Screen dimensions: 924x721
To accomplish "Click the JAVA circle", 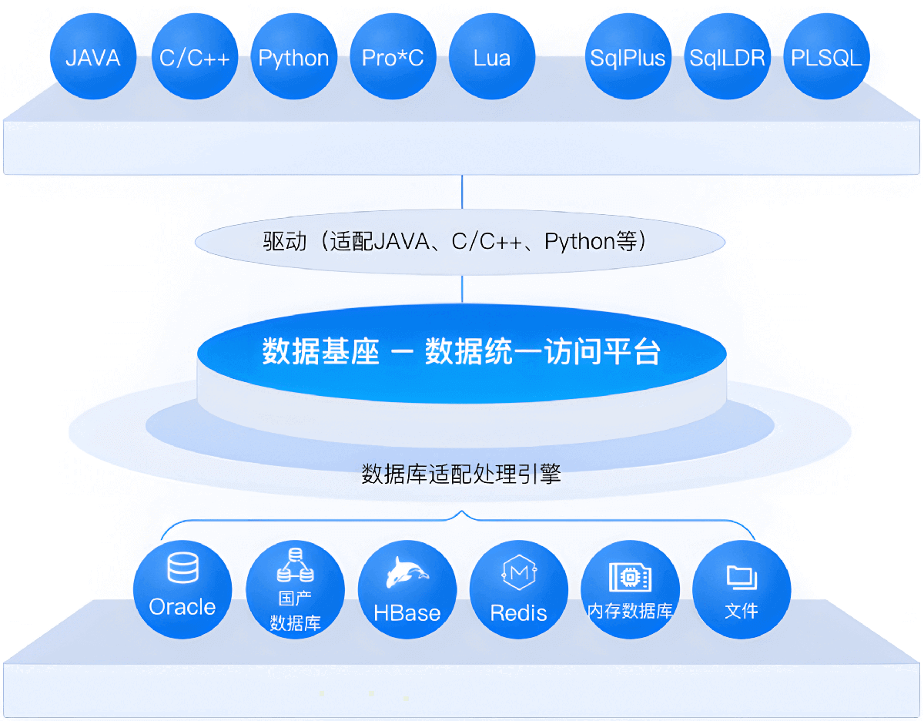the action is tap(93, 56).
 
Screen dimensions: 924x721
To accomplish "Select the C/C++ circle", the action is tap(195, 56).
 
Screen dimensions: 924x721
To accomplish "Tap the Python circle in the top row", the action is tap(294, 56).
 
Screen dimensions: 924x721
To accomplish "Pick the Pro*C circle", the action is tap(393, 56).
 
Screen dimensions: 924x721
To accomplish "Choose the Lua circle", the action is tap(492, 56).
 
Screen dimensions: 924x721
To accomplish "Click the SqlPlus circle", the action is tap(628, 56).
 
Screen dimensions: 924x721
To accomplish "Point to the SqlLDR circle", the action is tap(728, 56).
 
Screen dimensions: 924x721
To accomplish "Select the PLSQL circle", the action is tap(827, 56).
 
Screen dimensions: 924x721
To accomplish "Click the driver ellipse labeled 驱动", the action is tap(460, 242).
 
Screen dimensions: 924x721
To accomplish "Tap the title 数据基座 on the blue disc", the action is tap(320, 351).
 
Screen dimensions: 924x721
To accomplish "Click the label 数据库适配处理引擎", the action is tap(461, 474).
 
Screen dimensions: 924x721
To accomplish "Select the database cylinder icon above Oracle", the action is tap(182, 568).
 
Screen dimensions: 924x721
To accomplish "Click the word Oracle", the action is tap(182, 606).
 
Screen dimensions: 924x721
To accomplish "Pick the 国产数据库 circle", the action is tap(295, 589).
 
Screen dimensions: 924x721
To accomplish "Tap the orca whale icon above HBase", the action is tap(407, 572).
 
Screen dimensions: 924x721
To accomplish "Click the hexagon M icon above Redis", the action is tap(519, 572).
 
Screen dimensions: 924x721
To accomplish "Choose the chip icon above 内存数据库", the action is tap(630, 577).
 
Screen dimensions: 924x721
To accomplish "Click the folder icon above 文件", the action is tap(742, 577).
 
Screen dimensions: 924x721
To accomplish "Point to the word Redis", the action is tap(519, 613).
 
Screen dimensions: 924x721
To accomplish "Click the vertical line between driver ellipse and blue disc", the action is tap(462, 290).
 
